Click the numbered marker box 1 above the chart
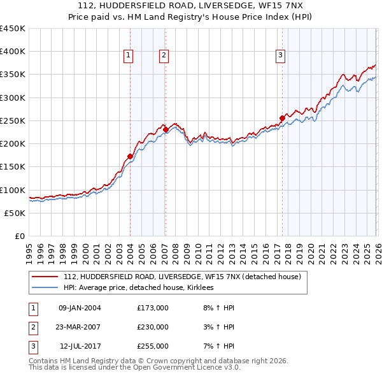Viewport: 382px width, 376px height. coord(129,56)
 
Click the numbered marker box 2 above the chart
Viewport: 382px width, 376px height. coord(164,56)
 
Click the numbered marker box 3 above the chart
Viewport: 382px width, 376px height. coord(280,56)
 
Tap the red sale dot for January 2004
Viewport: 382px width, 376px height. coord(130,156)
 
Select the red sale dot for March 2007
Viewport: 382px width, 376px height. coord(166,130)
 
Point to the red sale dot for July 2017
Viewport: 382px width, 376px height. coord(282,118)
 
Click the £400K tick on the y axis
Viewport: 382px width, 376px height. coord(12,52)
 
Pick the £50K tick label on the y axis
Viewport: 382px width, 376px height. coord(15,213)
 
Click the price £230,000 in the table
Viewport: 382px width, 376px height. coord(153,327)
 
